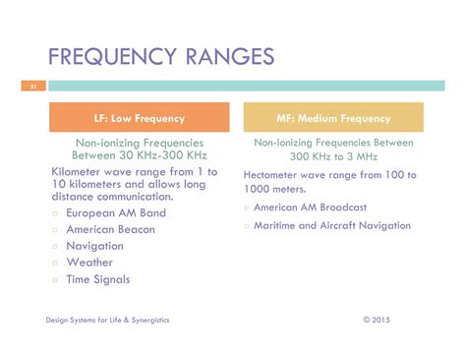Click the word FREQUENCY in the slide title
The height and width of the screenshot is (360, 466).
[x=112, y=56]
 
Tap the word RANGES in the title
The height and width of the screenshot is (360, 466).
[x=230, y=56]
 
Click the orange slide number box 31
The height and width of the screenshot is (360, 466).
[x=33, y=86]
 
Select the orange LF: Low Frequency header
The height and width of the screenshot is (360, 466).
[x=140, y=117]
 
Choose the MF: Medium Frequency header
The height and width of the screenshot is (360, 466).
[x=333, y=117]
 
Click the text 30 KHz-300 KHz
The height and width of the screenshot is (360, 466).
[x=163, y=155]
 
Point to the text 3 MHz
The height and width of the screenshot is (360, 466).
[x=362, y=156]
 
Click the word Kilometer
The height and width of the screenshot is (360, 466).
[x=76, y=172]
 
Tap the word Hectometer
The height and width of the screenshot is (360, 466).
[x=270, y=175]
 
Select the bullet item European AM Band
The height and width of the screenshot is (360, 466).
[x=116, y=213]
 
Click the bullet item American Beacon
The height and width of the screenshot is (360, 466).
[x=110, y=229]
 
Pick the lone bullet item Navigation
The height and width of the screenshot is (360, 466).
[x=94, y=246]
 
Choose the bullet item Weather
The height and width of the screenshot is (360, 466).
[x=89, y=263]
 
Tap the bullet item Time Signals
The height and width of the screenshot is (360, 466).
[x=98, y=279]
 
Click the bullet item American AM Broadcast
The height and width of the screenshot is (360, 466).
[x=310, y=208]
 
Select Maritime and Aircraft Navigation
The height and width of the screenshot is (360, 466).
[x=332, y=225]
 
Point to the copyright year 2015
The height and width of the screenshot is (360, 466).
[x=380, y=320]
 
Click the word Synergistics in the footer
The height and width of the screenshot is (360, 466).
[x=150, y=320]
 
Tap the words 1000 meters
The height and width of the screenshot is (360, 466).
[x=274, y=189]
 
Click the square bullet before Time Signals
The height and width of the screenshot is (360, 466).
[x=55, y=280]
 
